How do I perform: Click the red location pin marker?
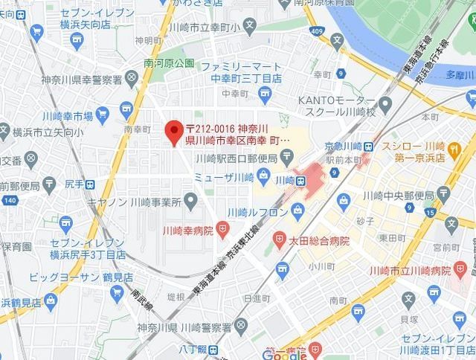click(175, 132)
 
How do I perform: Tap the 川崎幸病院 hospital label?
click(190, 231)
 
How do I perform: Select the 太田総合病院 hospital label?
click(320, 240)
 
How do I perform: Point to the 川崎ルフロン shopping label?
click(260, 210)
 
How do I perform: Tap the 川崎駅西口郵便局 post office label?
click(236, 158)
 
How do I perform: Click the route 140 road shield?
click(9, 201)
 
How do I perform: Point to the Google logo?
click(285, 354)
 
